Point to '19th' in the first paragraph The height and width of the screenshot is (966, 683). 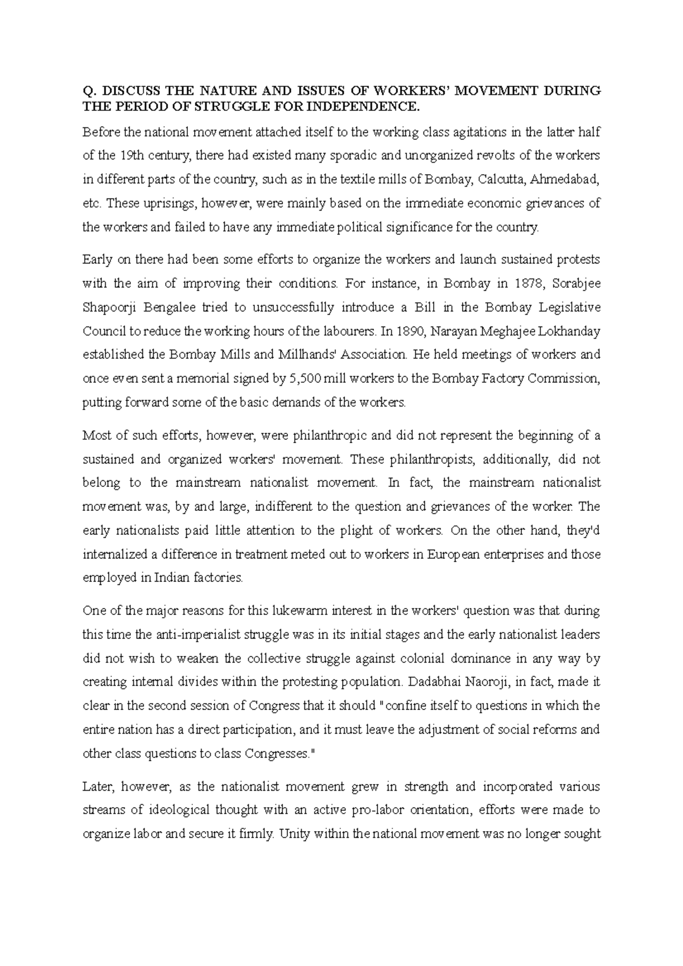point(130,156)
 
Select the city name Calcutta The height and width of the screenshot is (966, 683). point(503,180)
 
